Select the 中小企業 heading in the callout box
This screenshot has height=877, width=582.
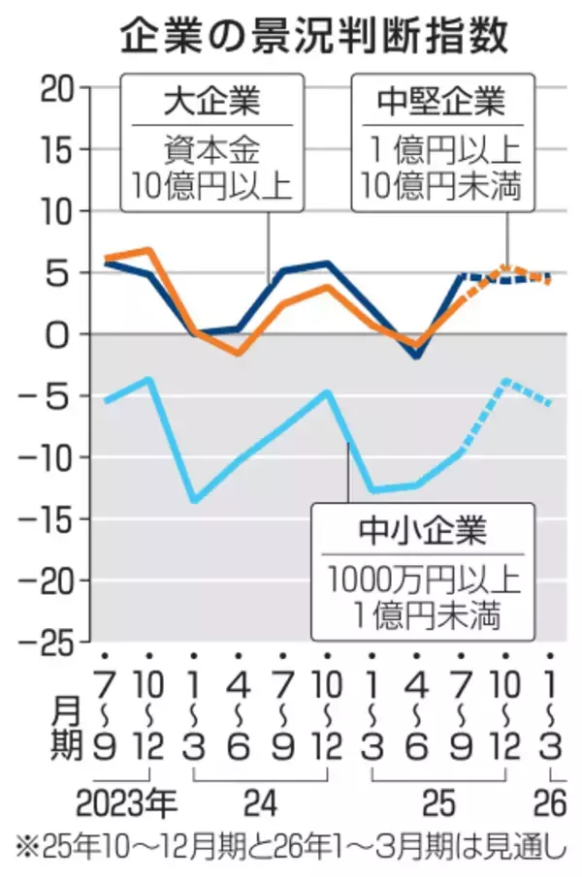pyautogui.click(x=424, y=533)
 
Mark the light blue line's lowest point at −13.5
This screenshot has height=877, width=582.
pyautogui.click(x=195, y=500)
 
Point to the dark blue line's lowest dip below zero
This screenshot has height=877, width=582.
pyautogui.click(x=417, y=356)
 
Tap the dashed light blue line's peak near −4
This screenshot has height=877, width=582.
pyautogui.click(x=505, y=381)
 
